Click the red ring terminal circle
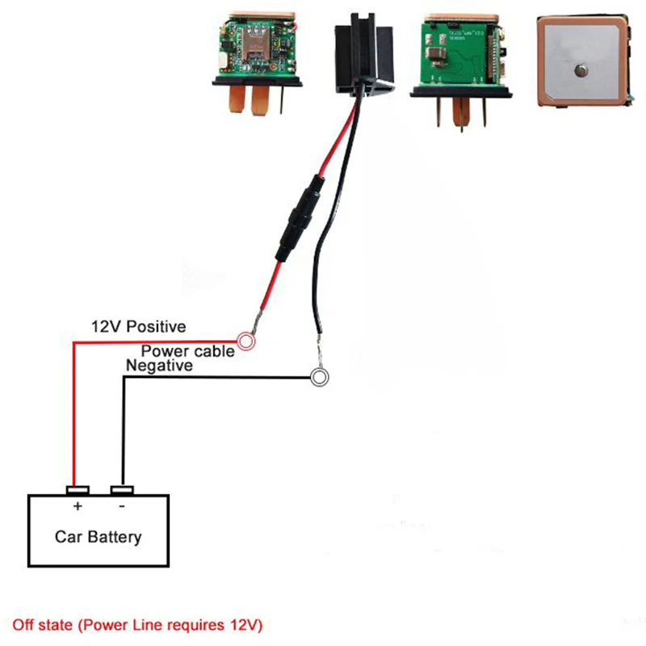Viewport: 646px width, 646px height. click(246, 341)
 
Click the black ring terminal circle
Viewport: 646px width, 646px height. click(319, 377)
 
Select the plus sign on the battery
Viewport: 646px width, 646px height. click(78, 505)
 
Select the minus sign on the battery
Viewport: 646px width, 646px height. click(122, 506)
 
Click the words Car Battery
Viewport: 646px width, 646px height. click(98, 537)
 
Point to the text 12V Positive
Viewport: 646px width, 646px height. click(138, 327)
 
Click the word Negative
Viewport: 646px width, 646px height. click(159, 366)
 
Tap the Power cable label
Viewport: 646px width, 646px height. click(188, 351)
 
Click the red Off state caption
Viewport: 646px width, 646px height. click(137, 625)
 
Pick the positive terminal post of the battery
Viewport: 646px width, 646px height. click(78, 490)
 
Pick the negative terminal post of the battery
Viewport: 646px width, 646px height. click(122, 490)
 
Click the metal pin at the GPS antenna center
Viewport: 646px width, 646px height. click(581, 70)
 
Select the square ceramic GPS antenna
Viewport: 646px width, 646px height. click(584, 62)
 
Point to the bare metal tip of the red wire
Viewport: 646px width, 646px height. click(256, 322)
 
